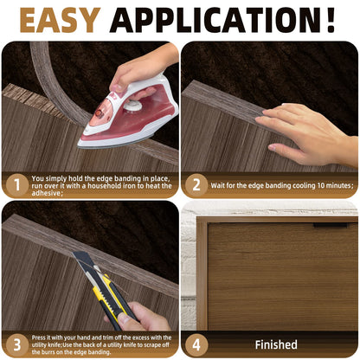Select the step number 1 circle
pos(15,184)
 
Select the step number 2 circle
pos(196,184)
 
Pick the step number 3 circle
pos(15,344)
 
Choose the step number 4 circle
pos(196,344)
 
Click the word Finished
pos(276,344)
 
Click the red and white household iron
pos(125,117)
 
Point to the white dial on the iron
pos(132,106)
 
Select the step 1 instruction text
pos(95,184)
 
